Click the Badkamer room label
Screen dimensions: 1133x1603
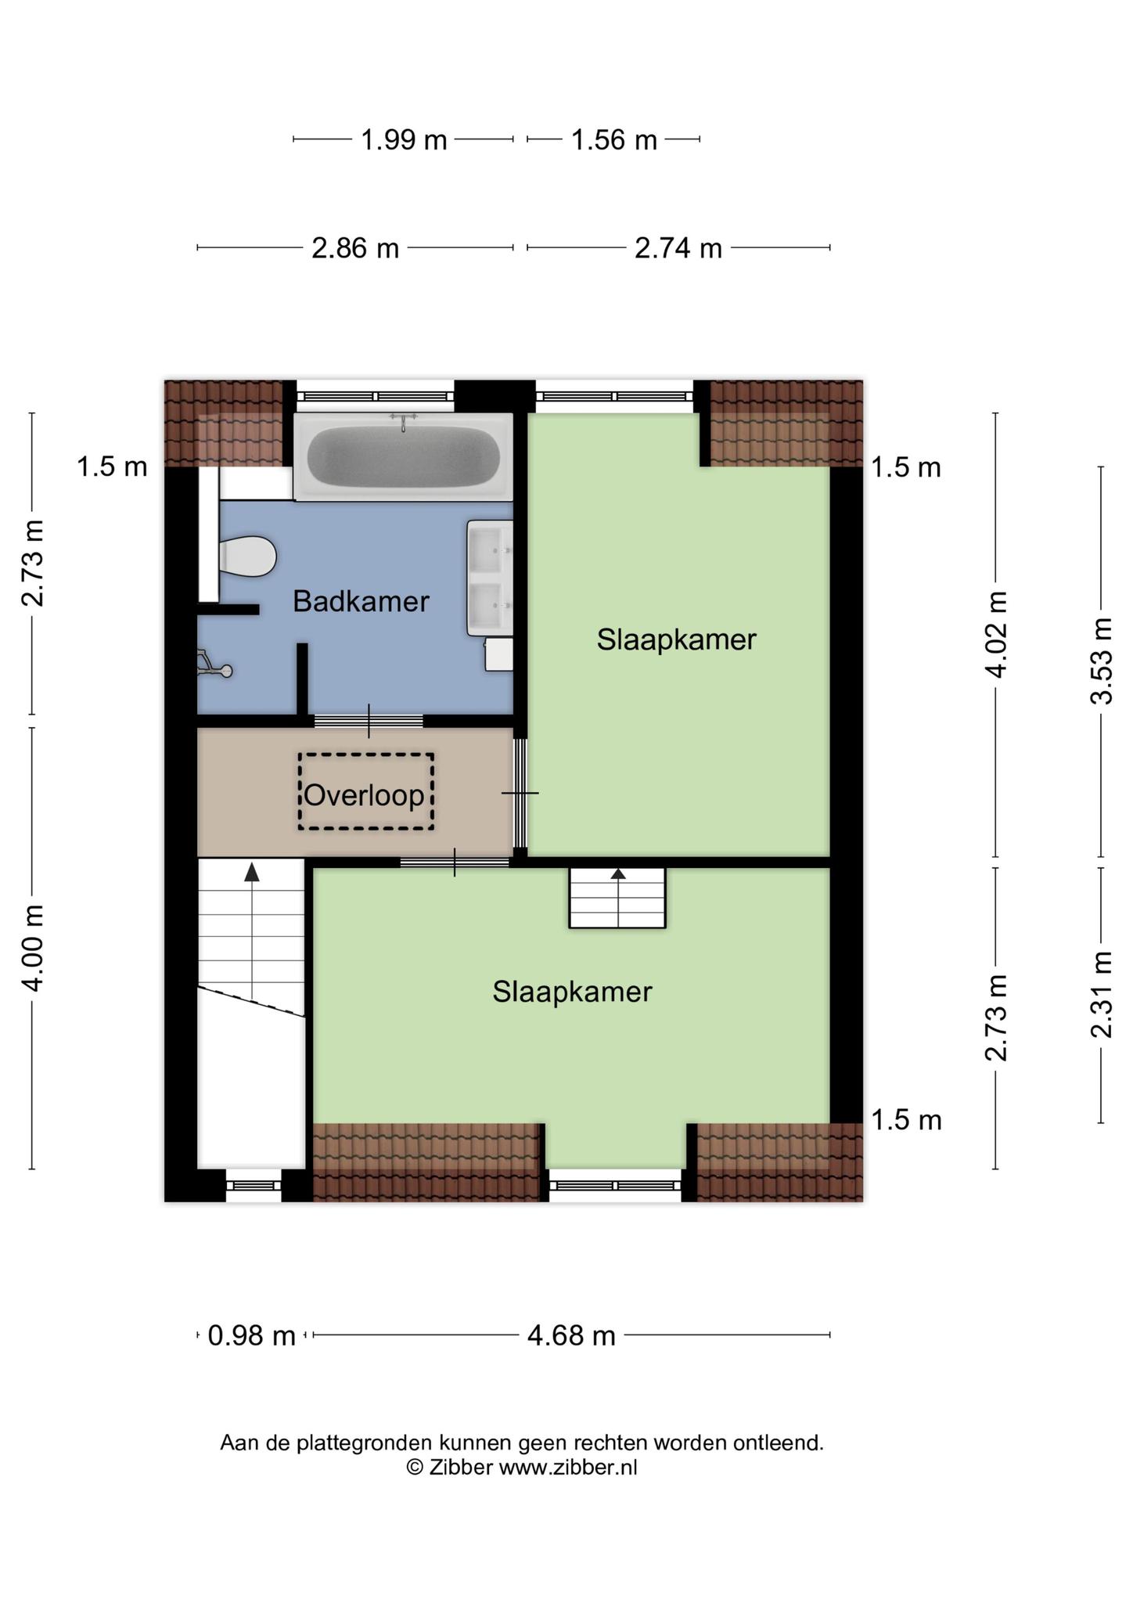point(361,601)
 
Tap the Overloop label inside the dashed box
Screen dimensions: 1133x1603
point(364,795)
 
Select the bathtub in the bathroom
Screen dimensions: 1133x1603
point(403,456)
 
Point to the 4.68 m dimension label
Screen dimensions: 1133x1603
point(571,1335)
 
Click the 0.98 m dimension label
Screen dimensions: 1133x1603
point(251,1335)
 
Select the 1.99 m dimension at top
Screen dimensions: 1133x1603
point(404,140)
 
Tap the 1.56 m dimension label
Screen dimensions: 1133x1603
point(613,140)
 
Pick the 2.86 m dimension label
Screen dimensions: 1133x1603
point(355,248)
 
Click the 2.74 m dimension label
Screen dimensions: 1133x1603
point(678,248)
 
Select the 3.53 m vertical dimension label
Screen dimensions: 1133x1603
point(1101,661)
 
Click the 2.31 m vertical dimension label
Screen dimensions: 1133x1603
point(1101,995)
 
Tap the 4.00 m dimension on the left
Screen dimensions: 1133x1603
point(32,948)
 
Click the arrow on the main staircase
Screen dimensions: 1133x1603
point(252,931)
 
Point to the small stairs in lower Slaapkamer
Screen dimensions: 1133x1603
point(617,898)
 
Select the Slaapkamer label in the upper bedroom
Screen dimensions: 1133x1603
point(677,639)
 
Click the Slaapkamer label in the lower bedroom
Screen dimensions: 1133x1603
point(572,992)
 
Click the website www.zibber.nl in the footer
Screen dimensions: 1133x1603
point(568,1467)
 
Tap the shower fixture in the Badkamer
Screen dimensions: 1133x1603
point(214,664)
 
